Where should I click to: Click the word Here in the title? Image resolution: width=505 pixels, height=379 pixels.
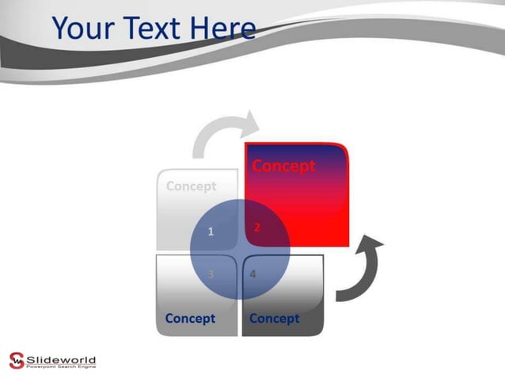(224, 29)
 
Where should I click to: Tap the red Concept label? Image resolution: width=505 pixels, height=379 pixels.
(283, 167)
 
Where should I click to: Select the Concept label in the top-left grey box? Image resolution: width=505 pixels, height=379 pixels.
(191, 186)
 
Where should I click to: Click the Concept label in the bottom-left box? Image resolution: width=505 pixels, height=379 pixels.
(190, 319)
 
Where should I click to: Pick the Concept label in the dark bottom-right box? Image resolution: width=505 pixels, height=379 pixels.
(274, 319)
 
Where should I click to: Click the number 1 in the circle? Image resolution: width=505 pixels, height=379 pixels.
(211, 232)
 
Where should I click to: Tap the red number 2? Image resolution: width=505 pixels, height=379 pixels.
(257, 228)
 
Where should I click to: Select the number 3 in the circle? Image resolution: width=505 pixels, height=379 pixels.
(211, 274)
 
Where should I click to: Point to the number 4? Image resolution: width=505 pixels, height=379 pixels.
(252, 274)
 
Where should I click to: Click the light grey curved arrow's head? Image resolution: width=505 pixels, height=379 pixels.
(251, 122)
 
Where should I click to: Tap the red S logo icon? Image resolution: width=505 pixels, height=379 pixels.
(17, 359)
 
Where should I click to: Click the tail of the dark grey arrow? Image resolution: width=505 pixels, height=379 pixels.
(340, 296)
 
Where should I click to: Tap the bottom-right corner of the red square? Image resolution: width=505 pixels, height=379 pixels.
(346, 244)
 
